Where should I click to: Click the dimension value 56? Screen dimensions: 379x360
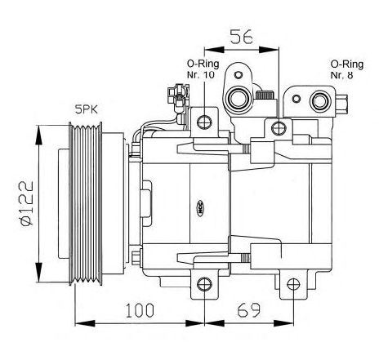point(242,37)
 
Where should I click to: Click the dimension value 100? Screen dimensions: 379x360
point(140,310)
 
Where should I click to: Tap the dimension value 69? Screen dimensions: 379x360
point(249,310)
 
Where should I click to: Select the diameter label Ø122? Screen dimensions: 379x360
point(26,203)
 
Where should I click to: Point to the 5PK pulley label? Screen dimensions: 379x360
point(87,109)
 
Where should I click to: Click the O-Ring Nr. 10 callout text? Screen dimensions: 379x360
point(203,69)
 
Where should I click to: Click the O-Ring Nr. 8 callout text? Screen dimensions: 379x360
point(347,69)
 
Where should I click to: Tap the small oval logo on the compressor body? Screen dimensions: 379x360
point(200,208)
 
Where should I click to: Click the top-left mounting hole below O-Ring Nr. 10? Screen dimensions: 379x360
point(204,122)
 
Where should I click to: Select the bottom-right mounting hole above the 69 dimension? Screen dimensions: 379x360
point(293,284)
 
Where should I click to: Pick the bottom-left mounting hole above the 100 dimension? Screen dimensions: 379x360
point(204,284)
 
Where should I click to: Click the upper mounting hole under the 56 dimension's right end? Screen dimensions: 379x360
point(279,128)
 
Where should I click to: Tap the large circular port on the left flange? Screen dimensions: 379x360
point(238,99)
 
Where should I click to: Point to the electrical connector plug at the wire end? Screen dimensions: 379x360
point(178,96)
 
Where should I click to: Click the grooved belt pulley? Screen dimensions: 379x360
point(86,203)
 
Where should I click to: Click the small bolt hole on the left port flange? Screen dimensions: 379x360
point(239,74)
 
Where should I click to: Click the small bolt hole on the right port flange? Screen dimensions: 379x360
point(297,99)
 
